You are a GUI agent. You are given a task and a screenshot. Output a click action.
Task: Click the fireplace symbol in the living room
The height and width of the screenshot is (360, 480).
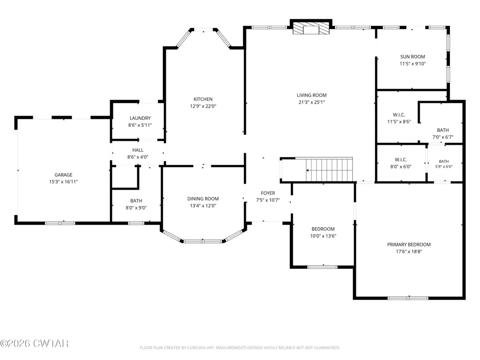click(311, 28)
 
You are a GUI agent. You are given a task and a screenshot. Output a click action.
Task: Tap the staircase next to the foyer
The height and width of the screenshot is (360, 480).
click(329, 169)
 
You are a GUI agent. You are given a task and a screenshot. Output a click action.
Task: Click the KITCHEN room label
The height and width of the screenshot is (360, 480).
click(203, 99)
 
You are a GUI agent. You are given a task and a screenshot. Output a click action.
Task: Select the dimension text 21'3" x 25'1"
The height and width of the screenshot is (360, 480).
click(311, 102)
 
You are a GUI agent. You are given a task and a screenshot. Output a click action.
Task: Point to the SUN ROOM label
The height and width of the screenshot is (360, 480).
click(413, 57)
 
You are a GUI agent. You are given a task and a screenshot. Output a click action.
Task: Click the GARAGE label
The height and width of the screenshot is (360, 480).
click(63, 175)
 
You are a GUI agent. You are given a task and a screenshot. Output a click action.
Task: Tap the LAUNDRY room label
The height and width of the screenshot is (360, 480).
click(140, 118)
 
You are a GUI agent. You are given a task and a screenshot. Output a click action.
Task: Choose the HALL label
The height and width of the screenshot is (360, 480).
click(138, 150)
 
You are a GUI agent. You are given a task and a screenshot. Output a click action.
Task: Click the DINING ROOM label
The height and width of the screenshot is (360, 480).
click(203, 198)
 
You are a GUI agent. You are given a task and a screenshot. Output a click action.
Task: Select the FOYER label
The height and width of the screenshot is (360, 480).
click(268, 193)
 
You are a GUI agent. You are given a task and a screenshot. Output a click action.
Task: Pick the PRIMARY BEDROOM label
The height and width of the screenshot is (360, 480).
click(409, 244)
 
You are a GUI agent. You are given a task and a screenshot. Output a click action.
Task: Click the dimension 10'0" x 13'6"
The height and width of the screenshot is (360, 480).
click(323, 236)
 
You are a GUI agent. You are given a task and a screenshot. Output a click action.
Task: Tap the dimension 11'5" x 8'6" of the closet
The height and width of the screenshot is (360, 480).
click(399, 122)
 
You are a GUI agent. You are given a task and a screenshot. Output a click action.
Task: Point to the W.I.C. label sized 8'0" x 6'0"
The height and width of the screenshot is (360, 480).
click(401, 160)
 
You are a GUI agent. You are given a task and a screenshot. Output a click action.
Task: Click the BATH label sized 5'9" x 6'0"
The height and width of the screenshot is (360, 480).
click(444, 162)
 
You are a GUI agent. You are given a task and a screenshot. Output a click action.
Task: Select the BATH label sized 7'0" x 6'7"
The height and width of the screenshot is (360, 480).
click(443, 130)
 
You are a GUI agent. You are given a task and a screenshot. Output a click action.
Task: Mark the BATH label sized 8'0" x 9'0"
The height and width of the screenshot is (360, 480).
click(136, 201)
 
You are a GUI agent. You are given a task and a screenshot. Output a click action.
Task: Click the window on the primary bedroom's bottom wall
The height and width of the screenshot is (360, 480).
click(408, 298)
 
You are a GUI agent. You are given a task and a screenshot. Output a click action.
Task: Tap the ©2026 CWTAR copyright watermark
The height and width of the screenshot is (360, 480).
click(34, 344)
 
